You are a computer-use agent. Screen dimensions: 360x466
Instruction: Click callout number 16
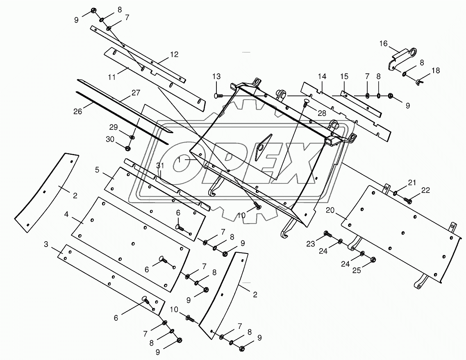pos(383,43)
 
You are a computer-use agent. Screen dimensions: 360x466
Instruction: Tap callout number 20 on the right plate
pos(330,211)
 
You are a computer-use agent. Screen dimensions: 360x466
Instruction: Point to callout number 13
pos(216,77)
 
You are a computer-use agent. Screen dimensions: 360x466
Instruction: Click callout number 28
pos(322,113)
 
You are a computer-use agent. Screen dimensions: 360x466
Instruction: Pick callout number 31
pos(160,166)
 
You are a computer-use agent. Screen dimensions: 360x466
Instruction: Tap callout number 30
pos(110,139)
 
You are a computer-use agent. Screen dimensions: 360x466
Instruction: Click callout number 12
pos(174,54)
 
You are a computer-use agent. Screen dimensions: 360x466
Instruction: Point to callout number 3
pos(46,245)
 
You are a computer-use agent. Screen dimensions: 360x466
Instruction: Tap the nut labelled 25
pos(373,259)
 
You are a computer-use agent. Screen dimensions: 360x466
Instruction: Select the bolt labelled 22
pos(408,200)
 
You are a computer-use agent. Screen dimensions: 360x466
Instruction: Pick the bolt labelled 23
pos(327,234)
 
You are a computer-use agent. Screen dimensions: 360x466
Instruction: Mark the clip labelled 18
pos(418,82)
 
